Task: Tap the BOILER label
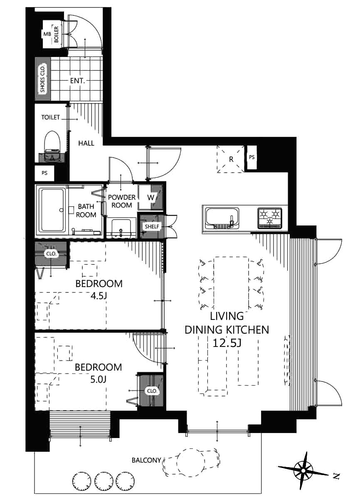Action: coord(56,35)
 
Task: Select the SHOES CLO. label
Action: coord(42,79)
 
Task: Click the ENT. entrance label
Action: coord(77,81)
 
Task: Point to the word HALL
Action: coord(86,143)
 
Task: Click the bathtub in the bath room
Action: coord(52,210)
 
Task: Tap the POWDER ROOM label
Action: coord(121,201)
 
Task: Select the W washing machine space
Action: coord(150,197)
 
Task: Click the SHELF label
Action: coord(152,227)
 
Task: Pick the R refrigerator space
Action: coord(231,159)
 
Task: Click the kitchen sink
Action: coord(222,218)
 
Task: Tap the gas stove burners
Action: coord(270,218)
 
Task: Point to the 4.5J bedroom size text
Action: coord(99,296)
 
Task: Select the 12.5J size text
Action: coord(227,343)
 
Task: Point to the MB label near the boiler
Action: coord(47,34)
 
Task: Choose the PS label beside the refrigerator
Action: coord(252,157)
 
